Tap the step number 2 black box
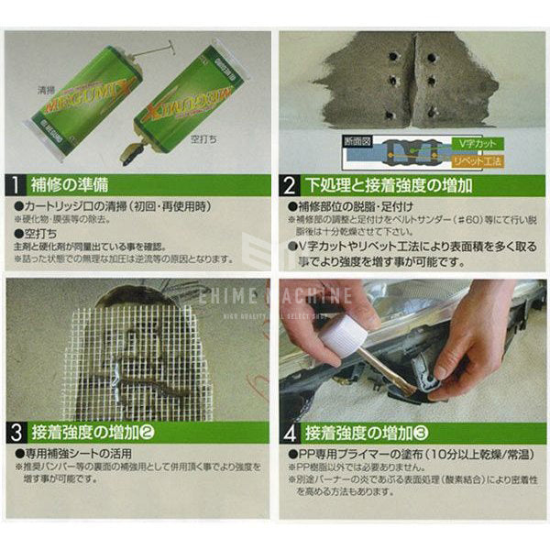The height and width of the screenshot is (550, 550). pos(289,182)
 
